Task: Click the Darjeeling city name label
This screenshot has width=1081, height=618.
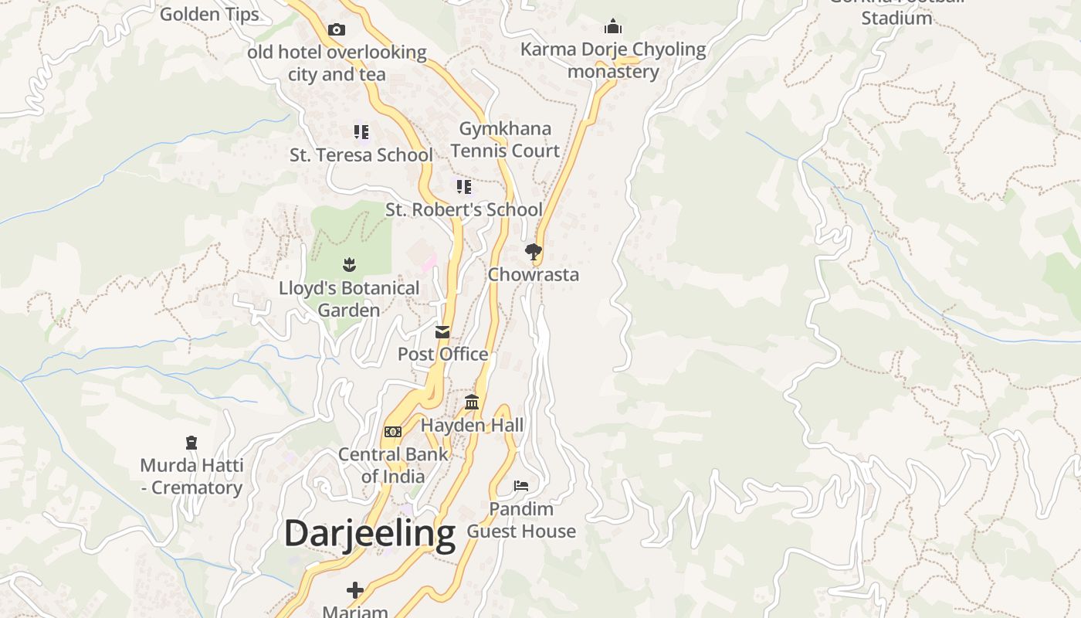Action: coord(370,534)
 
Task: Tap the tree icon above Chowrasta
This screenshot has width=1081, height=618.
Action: coord(533,251)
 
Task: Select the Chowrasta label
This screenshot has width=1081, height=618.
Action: coord(533,275)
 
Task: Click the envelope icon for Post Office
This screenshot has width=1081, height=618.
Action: coord(442,332)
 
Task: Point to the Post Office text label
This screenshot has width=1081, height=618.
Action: coord(442,355)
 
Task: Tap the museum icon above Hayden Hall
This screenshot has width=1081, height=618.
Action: coord(472,402)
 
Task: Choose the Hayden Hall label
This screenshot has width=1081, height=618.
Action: coord(472,425)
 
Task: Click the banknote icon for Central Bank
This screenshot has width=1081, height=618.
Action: coord(393,432)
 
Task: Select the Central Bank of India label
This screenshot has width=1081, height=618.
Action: coord(393,465)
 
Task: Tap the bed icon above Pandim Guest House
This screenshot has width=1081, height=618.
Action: coord(521,486)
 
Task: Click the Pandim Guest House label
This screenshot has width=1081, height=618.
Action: coord(521,520)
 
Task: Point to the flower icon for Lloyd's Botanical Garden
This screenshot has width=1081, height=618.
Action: coord(349,265)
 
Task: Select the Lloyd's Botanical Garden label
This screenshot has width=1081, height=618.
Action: coord(349,299)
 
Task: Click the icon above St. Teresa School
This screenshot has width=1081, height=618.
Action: coord(361,132)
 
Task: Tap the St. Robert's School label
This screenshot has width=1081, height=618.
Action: coord(464,210)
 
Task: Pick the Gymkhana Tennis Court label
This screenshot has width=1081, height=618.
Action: coord(506,140)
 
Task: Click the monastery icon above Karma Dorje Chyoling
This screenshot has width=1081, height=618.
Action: coord(613,27)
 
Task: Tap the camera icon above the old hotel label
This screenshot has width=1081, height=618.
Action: coord(337,30)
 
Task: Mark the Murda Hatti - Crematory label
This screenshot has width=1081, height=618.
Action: coord(191,477)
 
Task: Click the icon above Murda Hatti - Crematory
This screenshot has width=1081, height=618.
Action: coord(191,443)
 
